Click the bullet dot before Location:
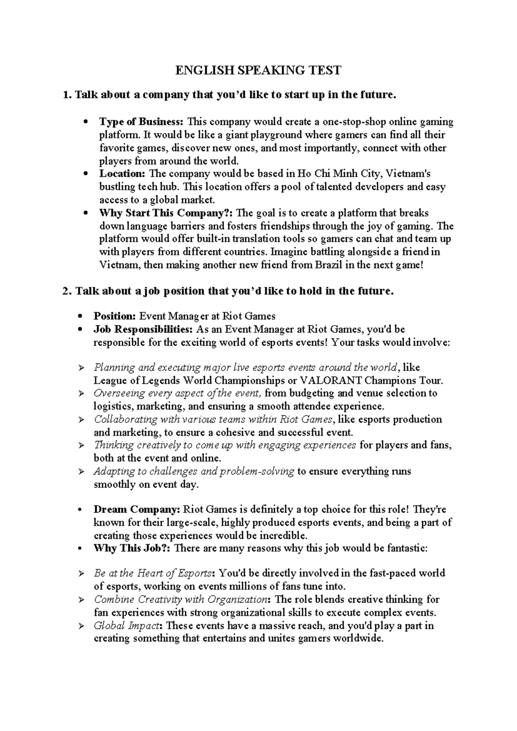click(x=86, y=174)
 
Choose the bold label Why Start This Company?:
click(x=167, y=213)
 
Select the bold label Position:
click(x=115, y=316)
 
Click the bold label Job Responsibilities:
click(x=143, y=330)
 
